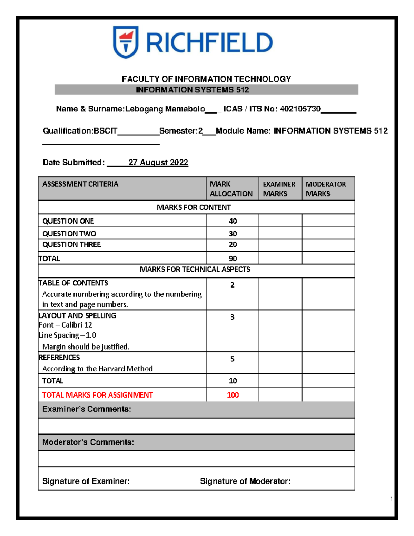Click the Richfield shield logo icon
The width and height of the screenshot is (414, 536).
[x=126, y=42]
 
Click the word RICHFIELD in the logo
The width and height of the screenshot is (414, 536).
[x=209, y=43]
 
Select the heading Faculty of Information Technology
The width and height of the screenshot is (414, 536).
[x=206, y=79]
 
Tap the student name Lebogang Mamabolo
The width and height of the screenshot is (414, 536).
[x=165, y=109]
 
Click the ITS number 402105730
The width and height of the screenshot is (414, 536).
[x=300, y=109]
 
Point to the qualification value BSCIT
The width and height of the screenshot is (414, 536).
[x=106, y=131]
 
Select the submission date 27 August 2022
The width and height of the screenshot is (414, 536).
[x=158, y=163]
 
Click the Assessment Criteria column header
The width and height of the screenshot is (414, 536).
[x=80, y=184]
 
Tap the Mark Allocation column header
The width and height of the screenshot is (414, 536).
[x=231, y=189]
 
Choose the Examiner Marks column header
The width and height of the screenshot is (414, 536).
[x=279, y=189]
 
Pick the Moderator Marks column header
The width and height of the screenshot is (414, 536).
[x=326, y=189]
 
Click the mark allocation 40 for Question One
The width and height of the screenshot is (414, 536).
[x=233, y=221]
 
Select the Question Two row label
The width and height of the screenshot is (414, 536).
[x=69, y=234]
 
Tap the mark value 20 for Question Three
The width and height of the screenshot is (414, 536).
[x=233, y=244]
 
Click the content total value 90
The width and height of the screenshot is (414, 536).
[x=233, y=259]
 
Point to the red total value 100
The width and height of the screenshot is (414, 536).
[x=233, y=395]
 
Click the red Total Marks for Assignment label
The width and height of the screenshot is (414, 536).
[x=97, y=395]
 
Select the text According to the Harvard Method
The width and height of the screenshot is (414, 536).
[x=97, y=369]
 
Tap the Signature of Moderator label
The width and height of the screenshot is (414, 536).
[x=245, y=481]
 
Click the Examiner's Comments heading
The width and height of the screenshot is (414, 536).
[x=87, y=409]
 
